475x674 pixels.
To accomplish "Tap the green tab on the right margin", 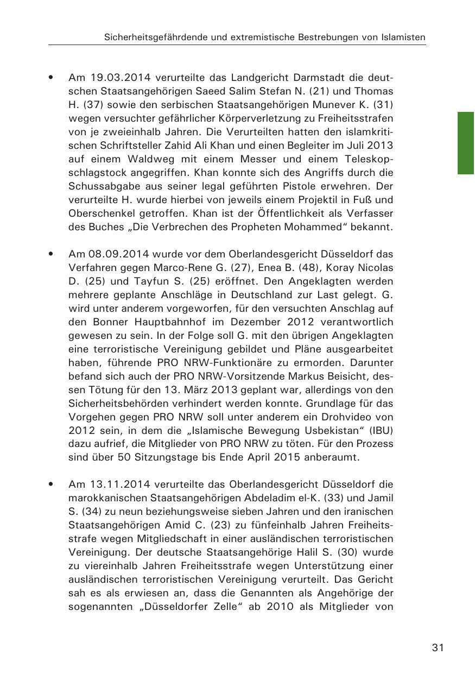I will point(466,143).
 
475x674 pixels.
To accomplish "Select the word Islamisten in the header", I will point(401,37).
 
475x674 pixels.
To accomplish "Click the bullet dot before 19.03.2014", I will point(51,78).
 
